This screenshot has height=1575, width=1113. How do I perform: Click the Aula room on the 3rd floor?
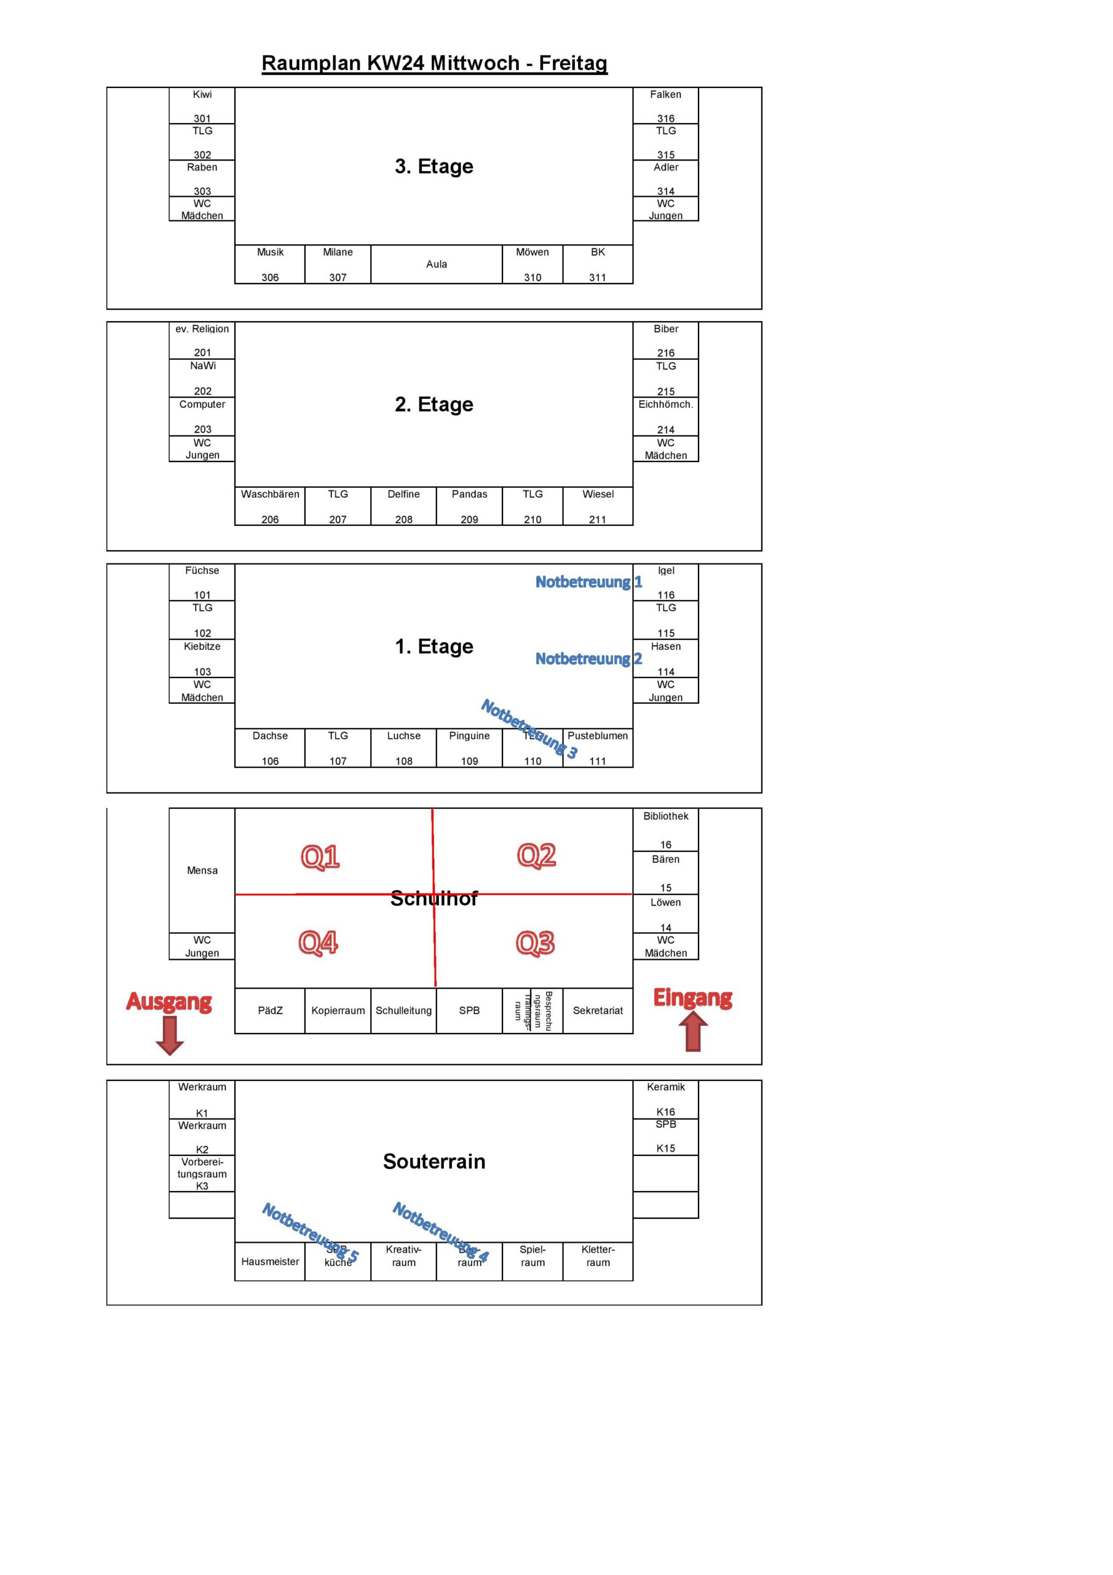point(436,264)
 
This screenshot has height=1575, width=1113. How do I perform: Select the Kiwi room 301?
point(202,106)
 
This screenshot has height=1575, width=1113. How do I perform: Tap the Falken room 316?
point(665,106)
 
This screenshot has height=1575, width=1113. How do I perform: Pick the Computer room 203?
point(202,417)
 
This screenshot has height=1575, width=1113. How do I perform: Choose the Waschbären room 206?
point(269,506)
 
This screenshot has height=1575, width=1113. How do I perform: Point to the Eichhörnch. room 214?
point(665,417)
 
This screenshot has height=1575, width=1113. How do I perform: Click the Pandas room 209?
point(469,506)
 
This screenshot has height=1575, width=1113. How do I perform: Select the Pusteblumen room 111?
point(597,748)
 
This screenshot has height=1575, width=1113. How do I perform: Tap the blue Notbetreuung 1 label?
point(588,582)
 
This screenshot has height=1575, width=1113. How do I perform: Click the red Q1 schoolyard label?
point(320,857)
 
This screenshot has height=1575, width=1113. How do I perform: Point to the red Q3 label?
point(535,943)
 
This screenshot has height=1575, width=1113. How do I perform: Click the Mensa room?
point(202,870)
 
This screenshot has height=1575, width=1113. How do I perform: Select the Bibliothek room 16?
point(665,829)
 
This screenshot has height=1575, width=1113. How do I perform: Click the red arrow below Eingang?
point(693,1032)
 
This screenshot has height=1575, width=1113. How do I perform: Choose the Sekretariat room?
point(597,1010)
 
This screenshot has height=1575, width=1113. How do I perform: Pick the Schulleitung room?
point(403,1010)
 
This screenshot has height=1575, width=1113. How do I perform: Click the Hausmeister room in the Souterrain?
point(269,1261)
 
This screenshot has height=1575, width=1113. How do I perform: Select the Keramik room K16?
point(665,1099)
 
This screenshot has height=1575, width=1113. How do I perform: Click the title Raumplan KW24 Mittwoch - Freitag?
point(434,63)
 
